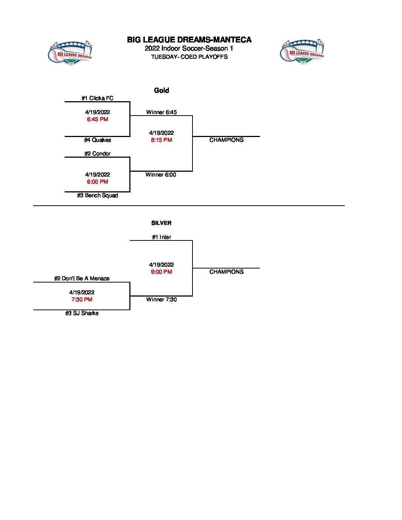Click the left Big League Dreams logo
click(x=70, y=53)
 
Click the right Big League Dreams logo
click(x=302, y=52)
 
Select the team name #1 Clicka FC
click(x=98, y=98)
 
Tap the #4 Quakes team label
click(x=98, y=140)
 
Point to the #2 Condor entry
click(x=98, y=154)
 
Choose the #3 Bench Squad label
click(x=98, y=195)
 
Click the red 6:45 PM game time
click(x=98, y=119)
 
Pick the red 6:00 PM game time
click(x=98, y=182)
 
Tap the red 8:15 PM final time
click(x=161, y=140)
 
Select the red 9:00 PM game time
click(x=161, y=272)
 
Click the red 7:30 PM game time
click(x=82, y=300)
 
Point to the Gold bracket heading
click(x=161, y=90)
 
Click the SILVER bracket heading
click(x=161, y=223)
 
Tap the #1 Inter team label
click(x=161, y=237)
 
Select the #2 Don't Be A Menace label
click(x=82, y=278)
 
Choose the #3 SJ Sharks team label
click(x=82, y=313)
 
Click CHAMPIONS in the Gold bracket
click(x=226, y=140)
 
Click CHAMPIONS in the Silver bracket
click(x=226, y=272)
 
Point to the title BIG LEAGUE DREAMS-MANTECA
click(x=189, y=40)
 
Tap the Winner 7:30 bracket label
click(x=161, y=300)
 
